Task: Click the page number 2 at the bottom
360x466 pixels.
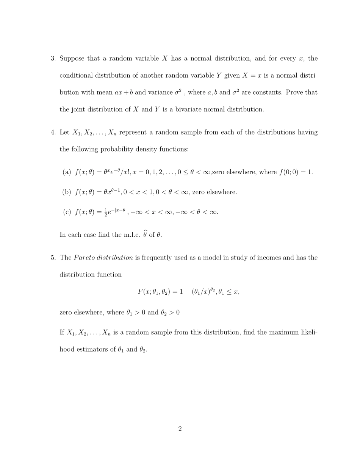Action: (180, 429)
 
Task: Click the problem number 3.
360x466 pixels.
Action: (53, 58)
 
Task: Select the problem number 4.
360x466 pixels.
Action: (53, 132)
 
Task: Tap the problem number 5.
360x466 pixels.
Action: (53, 258)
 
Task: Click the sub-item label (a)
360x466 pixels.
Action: (67, 172)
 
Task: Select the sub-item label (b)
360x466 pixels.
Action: (67, 192)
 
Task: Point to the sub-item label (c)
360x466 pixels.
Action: (67, 212)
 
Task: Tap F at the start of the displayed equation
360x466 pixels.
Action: (140, 292)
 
